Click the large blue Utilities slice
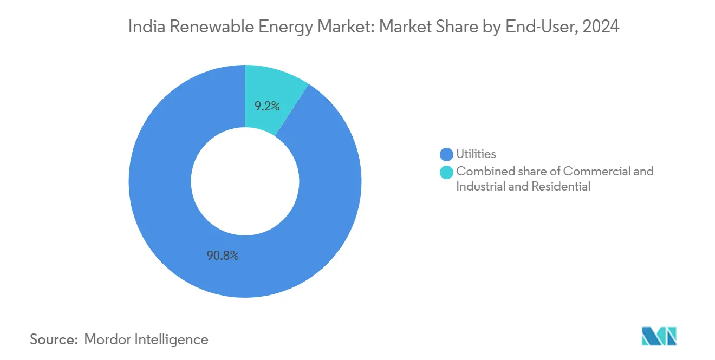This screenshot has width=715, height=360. coord(162,217)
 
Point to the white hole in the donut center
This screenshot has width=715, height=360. coord(245,181)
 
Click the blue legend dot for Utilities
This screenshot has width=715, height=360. coord(447,155)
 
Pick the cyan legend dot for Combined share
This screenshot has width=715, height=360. coord(447,172)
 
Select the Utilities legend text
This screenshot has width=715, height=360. coord(476,155)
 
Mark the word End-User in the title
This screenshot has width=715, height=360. coord(534,27)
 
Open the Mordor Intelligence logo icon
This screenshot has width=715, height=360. coord(659,336)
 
